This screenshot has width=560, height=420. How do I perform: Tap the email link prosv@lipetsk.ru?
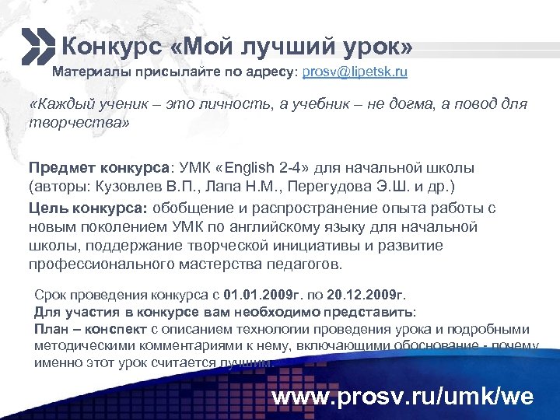point(355,72)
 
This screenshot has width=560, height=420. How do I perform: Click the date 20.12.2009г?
point(365,296)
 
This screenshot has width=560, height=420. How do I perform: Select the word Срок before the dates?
point(51,296)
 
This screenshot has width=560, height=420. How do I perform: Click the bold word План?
point(51,329)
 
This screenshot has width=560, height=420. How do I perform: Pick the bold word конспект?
point(110,329)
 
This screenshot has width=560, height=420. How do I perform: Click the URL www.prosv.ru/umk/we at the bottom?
point(402,397)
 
